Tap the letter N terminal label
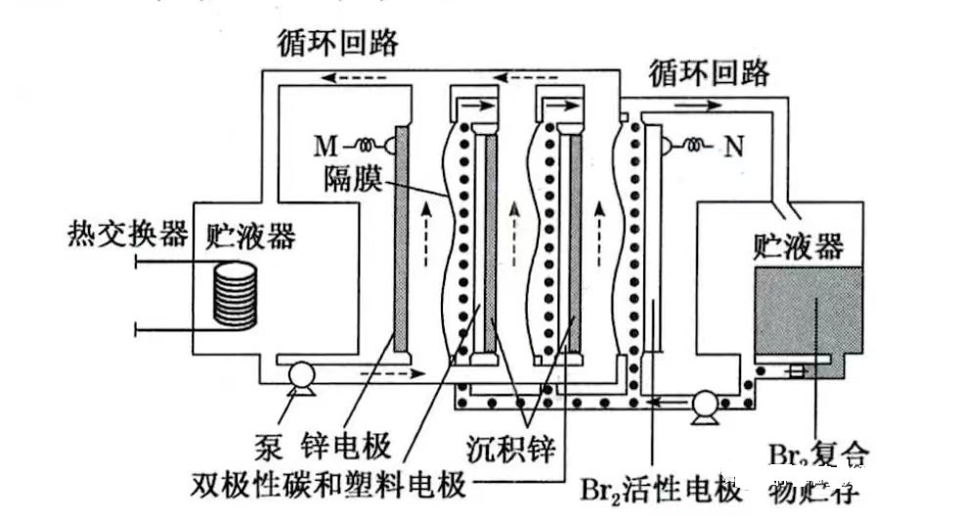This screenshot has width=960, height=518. point(733,149)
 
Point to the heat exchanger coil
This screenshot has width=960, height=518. point(235,293)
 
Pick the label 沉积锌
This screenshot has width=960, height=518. point(508,451)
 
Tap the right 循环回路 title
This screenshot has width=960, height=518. point(708,72)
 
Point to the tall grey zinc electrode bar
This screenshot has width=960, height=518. point(401,239)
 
